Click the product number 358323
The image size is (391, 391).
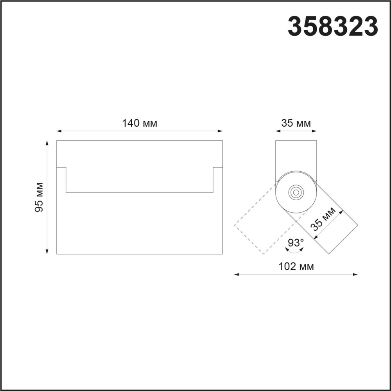pyautogui.click(x=333, y=27)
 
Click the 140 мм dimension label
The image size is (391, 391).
pyautogui.click(x=140, y=124)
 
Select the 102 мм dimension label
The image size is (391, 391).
pyautogui.click(x=296, y=267)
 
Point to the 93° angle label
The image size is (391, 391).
pyautogui.click(x=296, y=243)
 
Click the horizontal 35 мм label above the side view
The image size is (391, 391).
pyautogui.click(x=296, y=124)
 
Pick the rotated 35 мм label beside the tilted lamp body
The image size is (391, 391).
pyautogui.click(x=323, y=219)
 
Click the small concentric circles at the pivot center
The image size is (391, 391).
pyautogui.click(x=296, y=192)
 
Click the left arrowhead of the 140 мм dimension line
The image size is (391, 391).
pyautogui.click(x=59, y=131)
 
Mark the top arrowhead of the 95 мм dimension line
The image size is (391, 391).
pyautogui.click(x=47, y=143)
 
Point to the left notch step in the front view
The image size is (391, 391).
pyautogui.click(x=61, y=168)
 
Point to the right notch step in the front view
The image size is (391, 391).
pyautogui.click(x=217, y=168)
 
